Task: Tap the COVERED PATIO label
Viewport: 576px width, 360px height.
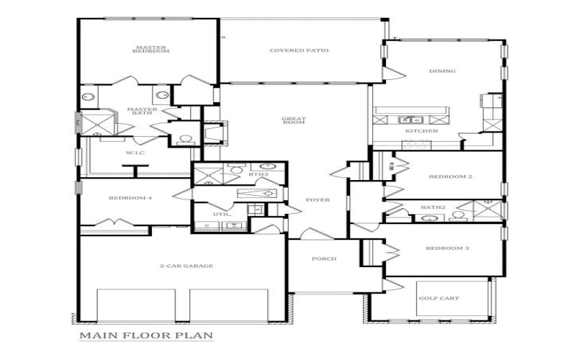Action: [299, 50]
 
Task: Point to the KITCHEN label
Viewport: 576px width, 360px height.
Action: [418, 131]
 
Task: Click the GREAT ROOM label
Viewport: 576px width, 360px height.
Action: [293, 120]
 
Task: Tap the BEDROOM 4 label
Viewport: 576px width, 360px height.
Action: [130, 198]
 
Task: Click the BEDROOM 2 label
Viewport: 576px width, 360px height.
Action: [449, 176]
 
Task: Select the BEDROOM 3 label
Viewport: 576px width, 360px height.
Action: [447, 248]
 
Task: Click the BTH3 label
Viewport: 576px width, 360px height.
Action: [258, 174]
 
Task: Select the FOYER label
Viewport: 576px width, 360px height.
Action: [318, 199]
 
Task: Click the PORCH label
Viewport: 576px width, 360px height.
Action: [323, 259]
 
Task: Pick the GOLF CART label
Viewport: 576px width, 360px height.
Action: [438, 298]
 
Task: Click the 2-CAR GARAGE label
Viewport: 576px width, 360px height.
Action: [186, 266]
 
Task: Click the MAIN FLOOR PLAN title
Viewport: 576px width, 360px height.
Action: [145, 336]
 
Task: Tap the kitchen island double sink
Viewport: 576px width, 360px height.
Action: [411, 120]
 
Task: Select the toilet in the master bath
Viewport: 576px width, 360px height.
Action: [184, 139]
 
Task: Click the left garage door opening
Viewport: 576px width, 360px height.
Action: [136, 305]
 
